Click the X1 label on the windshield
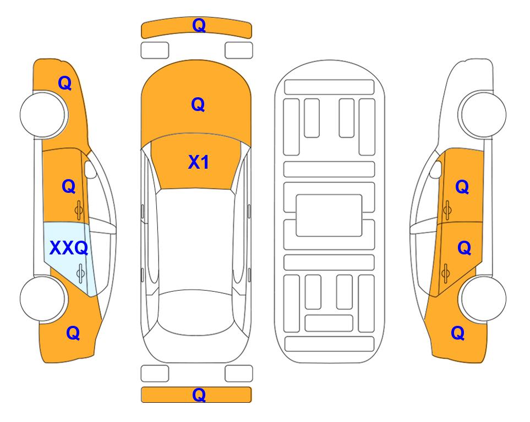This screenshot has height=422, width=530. click(x=198, y=162)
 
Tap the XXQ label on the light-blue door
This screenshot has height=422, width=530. click(x=69, y=248)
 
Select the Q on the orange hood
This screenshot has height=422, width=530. click(x=198, y=104)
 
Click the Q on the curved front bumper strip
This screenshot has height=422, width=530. click(x=199, y=25)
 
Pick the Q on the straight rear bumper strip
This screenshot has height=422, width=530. click(x=199, y=395)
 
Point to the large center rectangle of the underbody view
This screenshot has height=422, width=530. click(x=329, y=215)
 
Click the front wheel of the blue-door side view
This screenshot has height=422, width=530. click(x=43, y=114)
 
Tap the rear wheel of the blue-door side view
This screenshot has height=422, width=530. click(x=43, y=298)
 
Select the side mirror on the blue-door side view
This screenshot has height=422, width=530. click(x=90, y=169)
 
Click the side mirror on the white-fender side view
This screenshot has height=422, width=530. click(x=436, y=169)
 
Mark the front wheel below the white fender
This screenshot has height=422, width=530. click(x=483, y=114)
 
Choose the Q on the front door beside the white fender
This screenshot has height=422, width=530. click(x=462, y=187)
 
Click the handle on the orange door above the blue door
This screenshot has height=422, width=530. click(x=79, y=210)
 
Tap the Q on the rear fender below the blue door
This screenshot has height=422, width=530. click(x=73, y=333)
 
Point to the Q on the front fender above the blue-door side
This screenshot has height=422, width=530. click(x=65, y=83)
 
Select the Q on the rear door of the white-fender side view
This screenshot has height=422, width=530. click(x=464, y=248)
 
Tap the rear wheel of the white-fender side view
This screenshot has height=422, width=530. click(x=483, y=298)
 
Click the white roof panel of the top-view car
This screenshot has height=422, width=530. click(x=196, y=240)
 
